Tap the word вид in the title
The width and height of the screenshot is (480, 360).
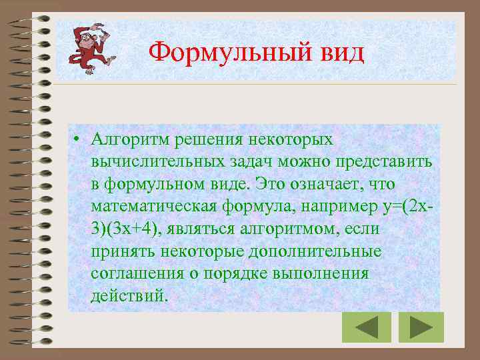pos(341,53)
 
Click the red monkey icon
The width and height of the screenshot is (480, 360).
pos(89,47)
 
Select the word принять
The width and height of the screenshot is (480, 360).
pos(122,251)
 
